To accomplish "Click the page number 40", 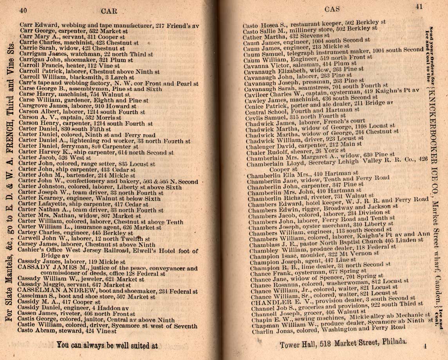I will click(23, 11).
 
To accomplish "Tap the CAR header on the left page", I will click(109, 11).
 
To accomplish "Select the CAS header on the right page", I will click(332, 8).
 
